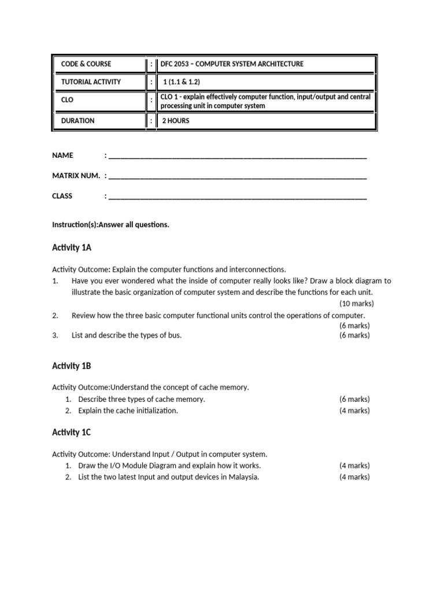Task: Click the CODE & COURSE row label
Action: (86, 64)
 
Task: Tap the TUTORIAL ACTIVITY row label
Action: (91, 82)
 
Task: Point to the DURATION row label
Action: (78, 121)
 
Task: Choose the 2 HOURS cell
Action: (175, 121)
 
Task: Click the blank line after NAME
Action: (237, 156)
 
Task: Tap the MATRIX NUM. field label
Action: (76, 176)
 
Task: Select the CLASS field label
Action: (62, 196)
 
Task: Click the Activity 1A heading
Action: (72, 247)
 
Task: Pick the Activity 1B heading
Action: (72, 366)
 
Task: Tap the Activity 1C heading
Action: (72, 432)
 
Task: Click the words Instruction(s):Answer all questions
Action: (110, 225)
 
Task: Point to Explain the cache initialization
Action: (128, 410)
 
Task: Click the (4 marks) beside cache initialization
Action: (354, 410)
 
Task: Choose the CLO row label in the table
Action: (68, 100)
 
